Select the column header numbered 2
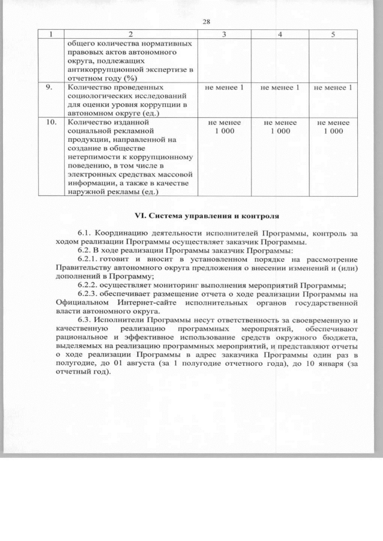130,34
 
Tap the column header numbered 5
333,34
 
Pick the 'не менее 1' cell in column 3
224,88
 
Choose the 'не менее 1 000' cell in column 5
333,127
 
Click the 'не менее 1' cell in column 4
279,88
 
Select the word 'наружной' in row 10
87,191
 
